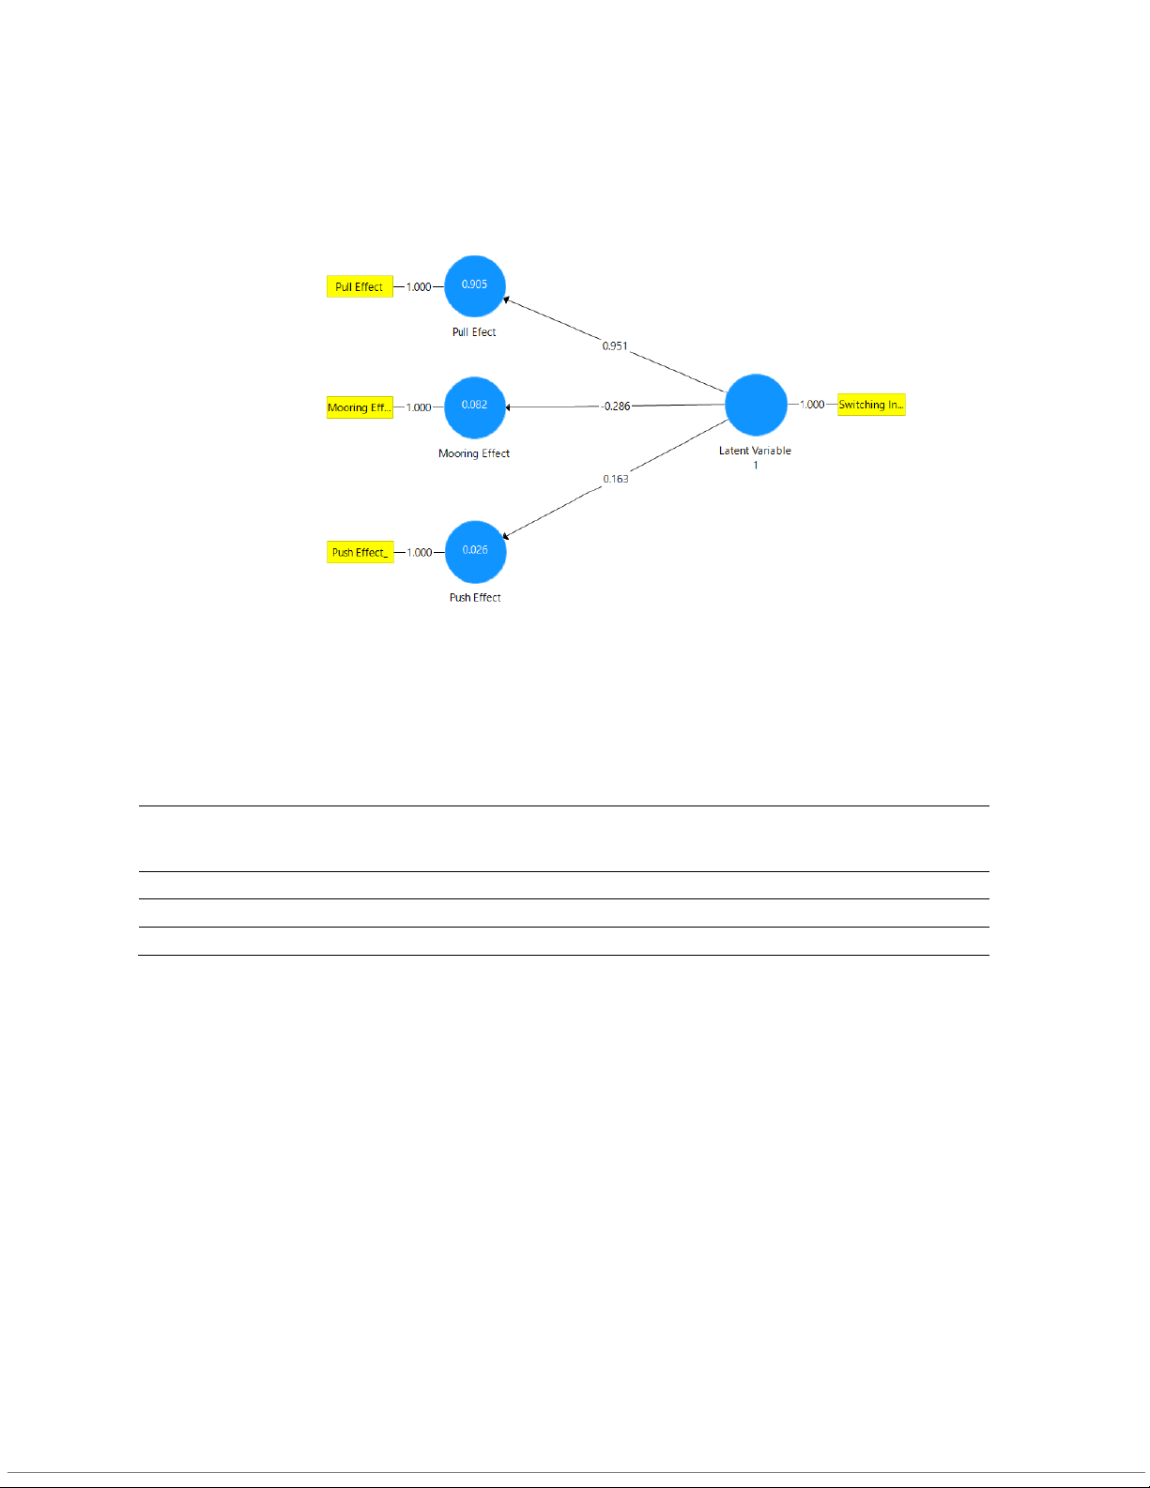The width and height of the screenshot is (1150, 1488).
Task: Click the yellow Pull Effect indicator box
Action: (360, 286)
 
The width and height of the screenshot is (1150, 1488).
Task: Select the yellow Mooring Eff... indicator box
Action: (360, 407)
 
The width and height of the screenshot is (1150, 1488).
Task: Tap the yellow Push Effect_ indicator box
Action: (360, 552)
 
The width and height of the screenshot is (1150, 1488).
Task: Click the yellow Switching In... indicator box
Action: (871, 405)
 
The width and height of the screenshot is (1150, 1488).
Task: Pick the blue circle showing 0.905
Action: (475, 285)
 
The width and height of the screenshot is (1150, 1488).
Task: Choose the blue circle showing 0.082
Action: (475, 407)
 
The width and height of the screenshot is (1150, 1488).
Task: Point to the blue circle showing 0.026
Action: (475, 551)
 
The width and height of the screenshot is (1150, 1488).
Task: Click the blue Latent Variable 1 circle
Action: (756, 405)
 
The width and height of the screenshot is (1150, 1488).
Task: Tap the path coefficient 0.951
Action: (615, 346)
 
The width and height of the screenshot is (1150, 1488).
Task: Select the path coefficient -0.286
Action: (616, 407)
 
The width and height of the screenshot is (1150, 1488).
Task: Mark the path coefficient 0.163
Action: (616, 479)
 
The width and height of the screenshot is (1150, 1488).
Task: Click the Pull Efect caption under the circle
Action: (474, 332)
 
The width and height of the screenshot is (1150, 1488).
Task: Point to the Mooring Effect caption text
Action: (474, 453)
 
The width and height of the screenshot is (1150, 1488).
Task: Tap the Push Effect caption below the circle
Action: (475, 597)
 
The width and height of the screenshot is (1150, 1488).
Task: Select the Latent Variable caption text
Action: (755, 452)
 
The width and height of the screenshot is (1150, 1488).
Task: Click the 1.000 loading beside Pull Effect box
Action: (419, 287)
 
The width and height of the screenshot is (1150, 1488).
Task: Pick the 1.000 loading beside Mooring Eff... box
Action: (419, 407)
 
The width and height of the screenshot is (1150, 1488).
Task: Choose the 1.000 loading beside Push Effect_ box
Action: (420, 552)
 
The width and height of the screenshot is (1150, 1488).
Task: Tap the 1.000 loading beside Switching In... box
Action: (812, 405)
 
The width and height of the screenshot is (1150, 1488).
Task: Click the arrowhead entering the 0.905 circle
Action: (507, 300)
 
